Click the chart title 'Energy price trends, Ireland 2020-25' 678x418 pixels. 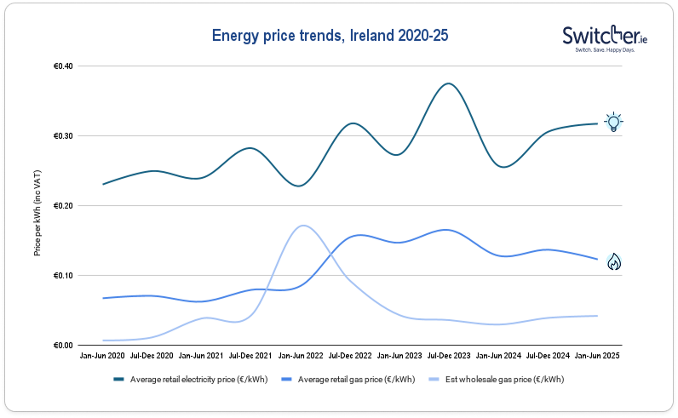[x=329, y=37]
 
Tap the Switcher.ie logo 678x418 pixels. [x=604, y=39]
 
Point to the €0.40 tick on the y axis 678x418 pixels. [x=63, y=66]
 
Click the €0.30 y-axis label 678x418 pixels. [x=63, y=136]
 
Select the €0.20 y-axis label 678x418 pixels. [x=63, y=206]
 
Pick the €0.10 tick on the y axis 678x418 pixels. [x=63, y=276]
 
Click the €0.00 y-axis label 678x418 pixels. [x=63, y=346]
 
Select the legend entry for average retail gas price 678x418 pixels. [x=358, y=379]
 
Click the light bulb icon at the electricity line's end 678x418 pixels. [x=613, y=122]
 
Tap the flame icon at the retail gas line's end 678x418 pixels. [x=613, y=262]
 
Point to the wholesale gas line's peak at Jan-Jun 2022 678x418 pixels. [x=302, y=226]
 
